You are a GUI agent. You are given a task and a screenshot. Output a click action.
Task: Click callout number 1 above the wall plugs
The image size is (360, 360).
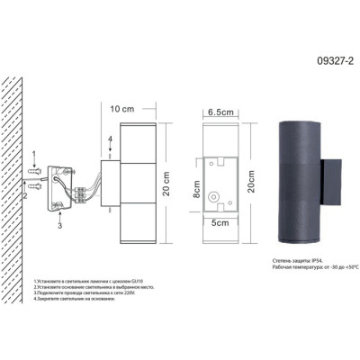tap(34, 157)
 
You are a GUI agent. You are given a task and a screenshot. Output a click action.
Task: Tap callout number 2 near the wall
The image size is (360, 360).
tap(26, 193)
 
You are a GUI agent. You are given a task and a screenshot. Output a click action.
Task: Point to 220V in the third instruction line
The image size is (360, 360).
tap(106, 293)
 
